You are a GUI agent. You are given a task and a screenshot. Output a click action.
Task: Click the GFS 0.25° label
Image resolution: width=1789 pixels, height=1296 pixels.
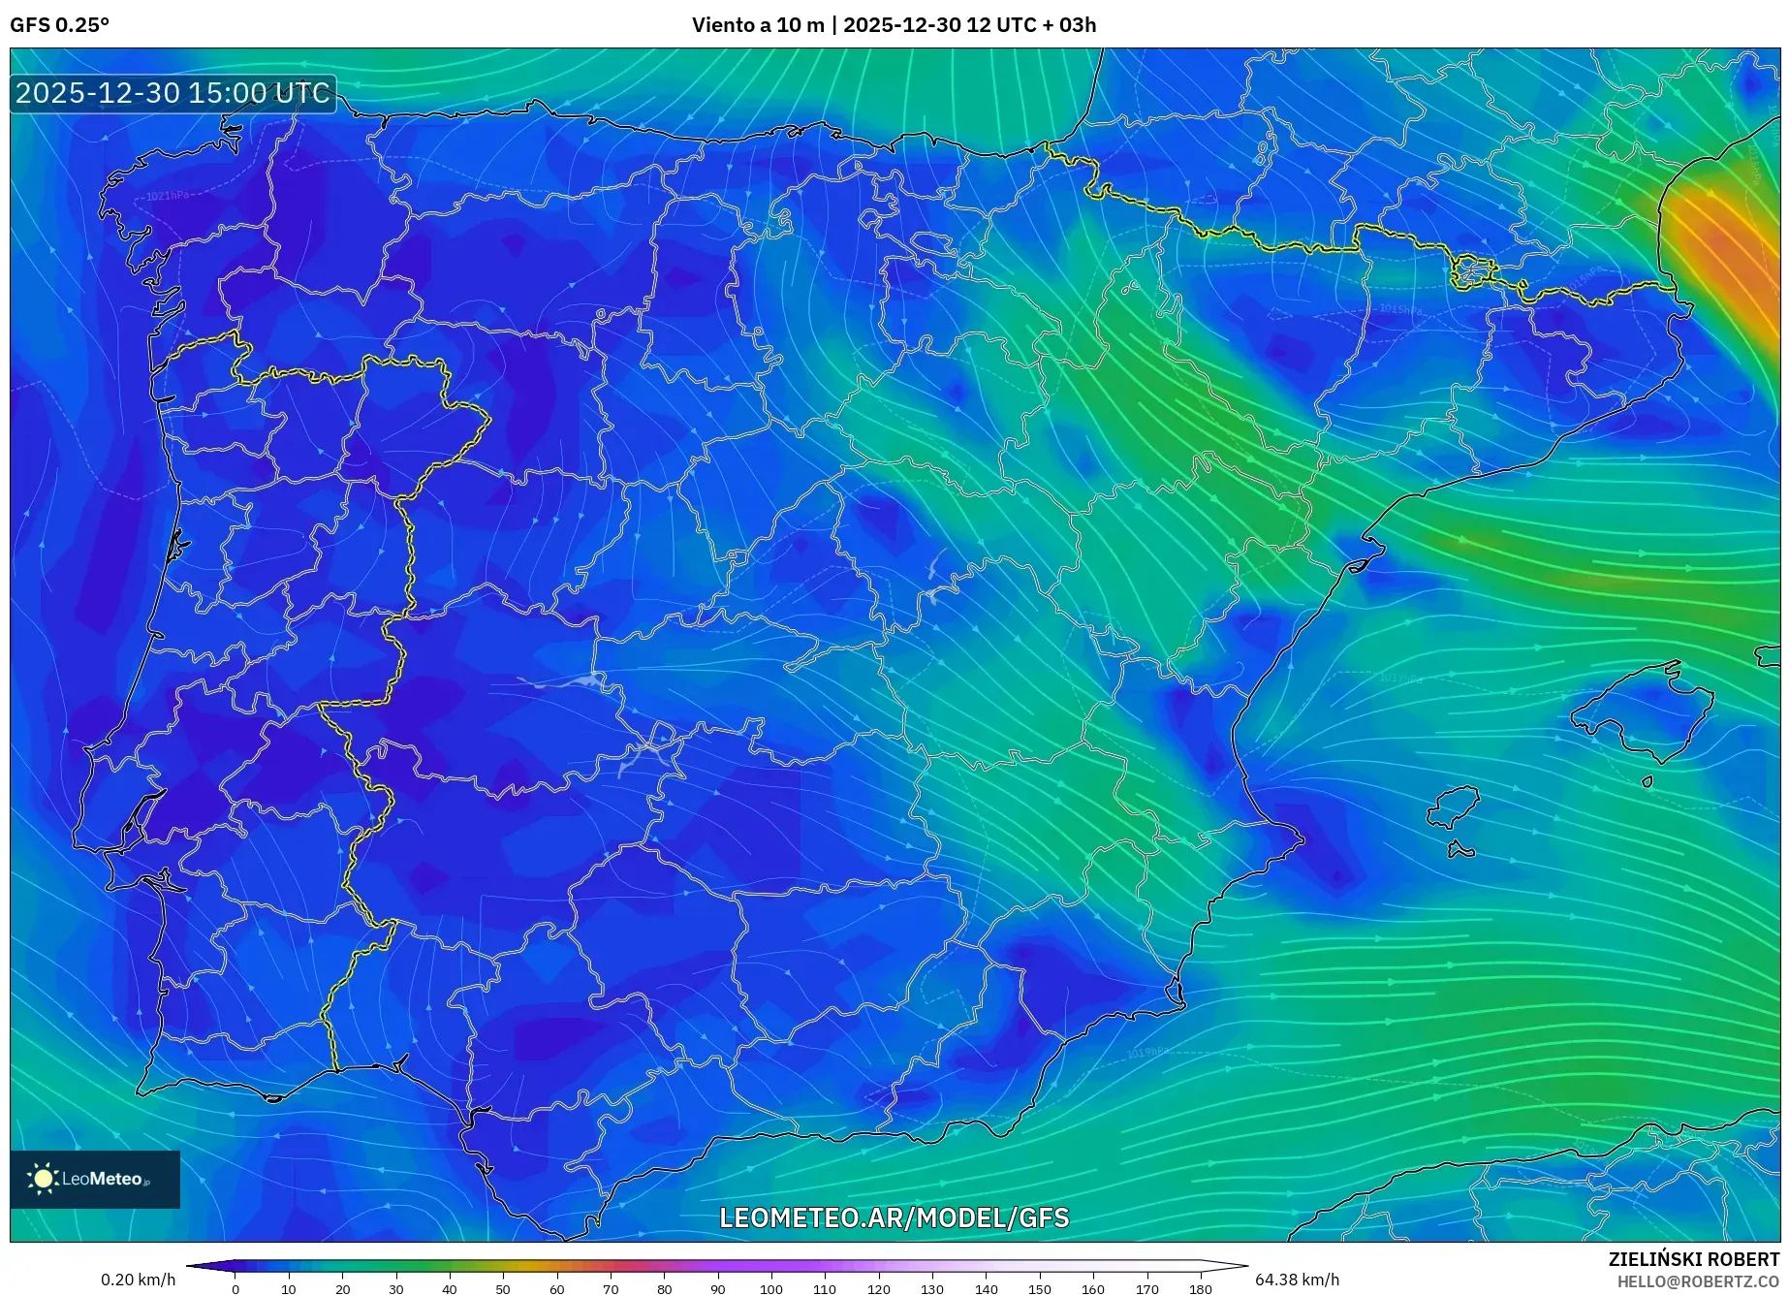(59, 25)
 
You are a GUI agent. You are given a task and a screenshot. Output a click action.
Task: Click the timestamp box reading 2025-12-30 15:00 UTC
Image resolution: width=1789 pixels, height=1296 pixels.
(173, 93)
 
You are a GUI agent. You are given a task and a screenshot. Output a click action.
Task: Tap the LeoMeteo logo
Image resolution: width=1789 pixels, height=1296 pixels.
(94, 1179)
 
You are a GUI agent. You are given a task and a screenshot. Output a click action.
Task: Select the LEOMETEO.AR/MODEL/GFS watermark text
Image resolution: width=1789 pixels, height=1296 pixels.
(894, 1218)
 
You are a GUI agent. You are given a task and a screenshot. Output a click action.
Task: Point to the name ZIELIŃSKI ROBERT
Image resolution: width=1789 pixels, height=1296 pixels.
(1693, 1259)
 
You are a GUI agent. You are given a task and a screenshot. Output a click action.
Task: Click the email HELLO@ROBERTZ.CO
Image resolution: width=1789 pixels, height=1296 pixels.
(1697, 1281)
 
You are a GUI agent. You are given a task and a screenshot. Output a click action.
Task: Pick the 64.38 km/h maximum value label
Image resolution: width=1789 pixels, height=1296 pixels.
(1297, 1280)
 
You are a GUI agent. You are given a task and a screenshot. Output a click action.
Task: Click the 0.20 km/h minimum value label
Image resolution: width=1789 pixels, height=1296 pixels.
(138, 1280)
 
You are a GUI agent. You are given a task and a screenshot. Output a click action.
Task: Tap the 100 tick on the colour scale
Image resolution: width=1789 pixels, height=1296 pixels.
(770, 1289)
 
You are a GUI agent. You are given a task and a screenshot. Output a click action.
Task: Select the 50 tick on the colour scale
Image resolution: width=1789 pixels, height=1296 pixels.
(502, 1289)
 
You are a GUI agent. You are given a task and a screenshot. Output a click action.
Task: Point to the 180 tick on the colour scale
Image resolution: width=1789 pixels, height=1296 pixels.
(1200, 1289)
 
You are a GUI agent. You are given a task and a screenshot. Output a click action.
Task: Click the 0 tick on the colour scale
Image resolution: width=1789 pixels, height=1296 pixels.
(235, 1289)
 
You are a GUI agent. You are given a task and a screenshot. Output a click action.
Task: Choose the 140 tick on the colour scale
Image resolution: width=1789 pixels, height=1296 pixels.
(986, 1289)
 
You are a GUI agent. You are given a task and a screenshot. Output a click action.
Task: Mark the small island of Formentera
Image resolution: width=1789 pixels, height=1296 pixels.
(1460, 851)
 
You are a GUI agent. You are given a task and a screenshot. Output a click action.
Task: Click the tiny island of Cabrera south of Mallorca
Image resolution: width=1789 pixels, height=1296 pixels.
(1647, 781)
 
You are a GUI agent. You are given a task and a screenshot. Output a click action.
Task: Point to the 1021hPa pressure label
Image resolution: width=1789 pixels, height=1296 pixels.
(167, 196)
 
